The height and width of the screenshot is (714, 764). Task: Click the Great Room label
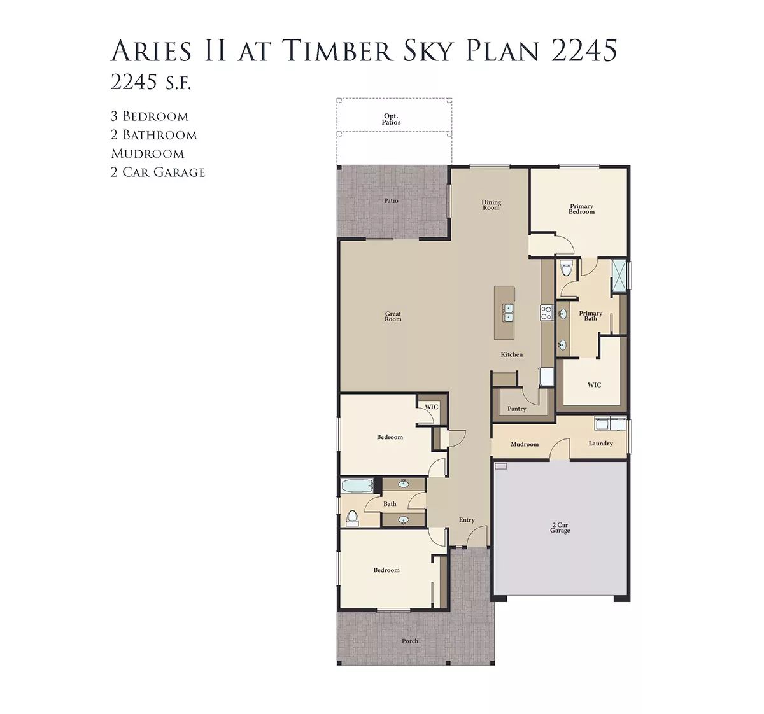coord(393,316)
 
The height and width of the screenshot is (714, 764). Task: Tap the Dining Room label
coord(491,205)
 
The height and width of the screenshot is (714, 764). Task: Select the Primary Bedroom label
coord(581,209)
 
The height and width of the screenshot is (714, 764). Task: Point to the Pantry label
coord(516,409)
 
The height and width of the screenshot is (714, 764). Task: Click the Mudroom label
coord(525,444)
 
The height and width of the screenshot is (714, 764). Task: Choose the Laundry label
coord(600,444)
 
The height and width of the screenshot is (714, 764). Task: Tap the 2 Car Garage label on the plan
coord(560,528)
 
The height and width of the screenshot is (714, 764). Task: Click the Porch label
coord(410,641)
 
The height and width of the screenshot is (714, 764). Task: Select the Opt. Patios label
coord(392,119)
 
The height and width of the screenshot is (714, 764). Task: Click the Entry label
coord(467,520)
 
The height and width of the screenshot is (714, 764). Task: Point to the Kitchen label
coord(512,354)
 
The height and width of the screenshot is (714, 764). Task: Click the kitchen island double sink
coord(508,312)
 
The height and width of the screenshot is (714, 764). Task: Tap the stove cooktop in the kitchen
coord(546,312)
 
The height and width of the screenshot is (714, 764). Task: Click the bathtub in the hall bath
coord(357,486)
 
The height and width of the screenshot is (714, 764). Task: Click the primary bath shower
coord(619,277)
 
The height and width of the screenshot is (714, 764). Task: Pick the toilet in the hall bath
coord(352,518)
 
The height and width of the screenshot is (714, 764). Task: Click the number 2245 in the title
coord(584,50)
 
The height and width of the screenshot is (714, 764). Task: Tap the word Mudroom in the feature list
coord(148,154)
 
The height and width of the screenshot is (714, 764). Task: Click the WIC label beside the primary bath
coord(594,385)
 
